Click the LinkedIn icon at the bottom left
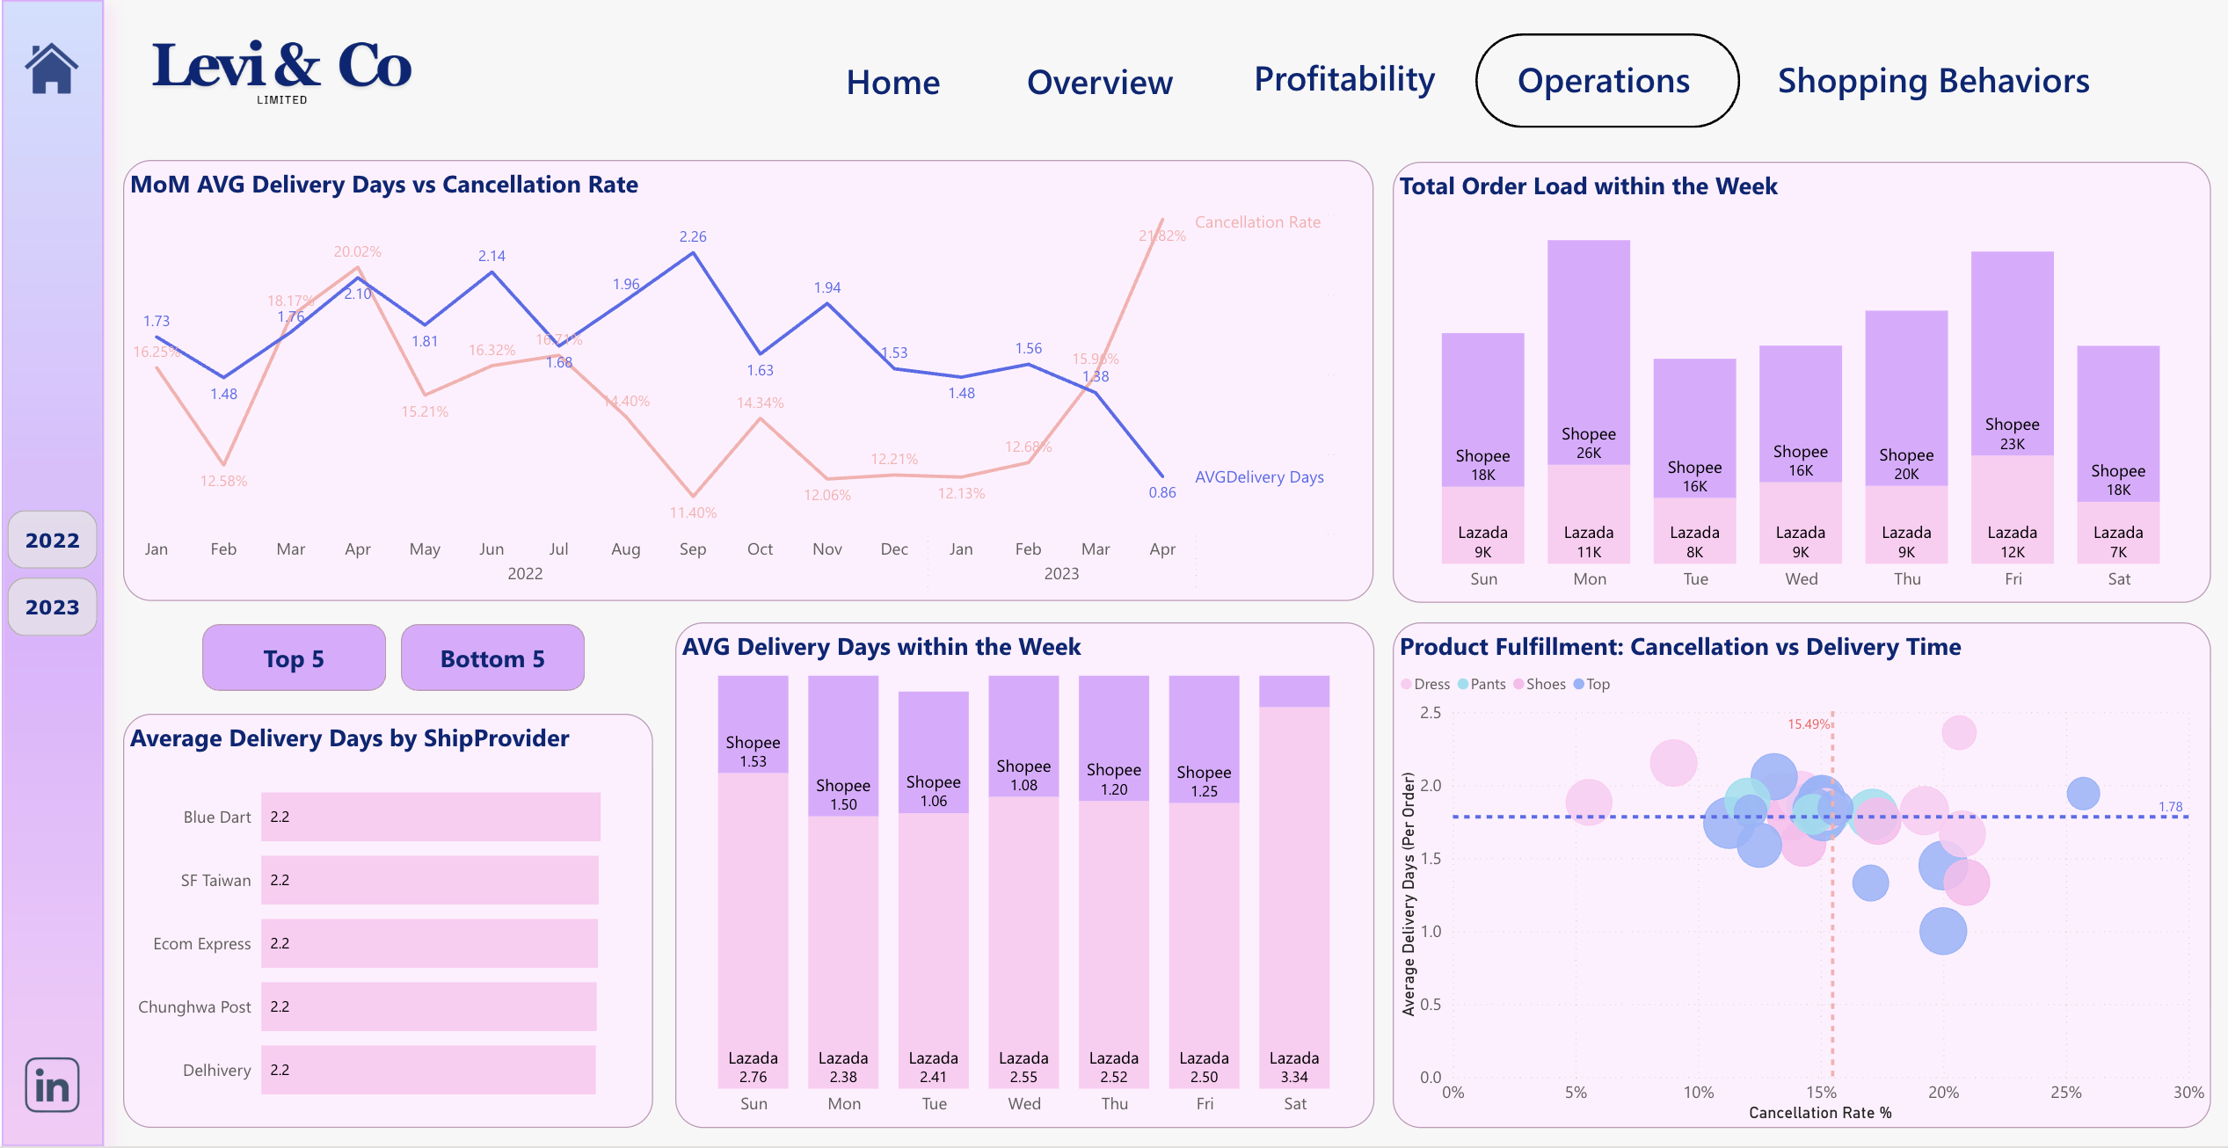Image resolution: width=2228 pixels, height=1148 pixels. click(x=52, y=1086)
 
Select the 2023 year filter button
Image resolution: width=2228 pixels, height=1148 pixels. click(x=52, y=607)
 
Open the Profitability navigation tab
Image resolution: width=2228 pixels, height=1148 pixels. click(x=1343, y=80)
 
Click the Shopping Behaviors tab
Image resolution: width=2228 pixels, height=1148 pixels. click(x=1933, y=81)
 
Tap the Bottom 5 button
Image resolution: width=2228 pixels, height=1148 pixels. click(x=492, y=658)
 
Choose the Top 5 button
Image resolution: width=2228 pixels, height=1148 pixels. click(x=294, y=658)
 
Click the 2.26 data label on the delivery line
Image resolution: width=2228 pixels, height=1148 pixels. click(x=693, y=236)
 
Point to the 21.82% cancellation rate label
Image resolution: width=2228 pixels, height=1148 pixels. click(x=1162, y=236)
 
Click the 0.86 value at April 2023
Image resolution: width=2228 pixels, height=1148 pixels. click(x=1161, y=492)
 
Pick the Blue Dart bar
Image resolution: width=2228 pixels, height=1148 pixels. click(x=430, y=817)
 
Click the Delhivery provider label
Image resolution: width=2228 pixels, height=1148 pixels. click(x=216, y=1070)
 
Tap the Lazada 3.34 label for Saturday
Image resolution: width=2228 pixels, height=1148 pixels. click(x=1293, y=1067)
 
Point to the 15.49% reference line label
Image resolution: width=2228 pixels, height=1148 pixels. click(x=1808, y=724)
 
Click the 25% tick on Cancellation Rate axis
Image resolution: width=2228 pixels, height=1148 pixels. click(x=2065, y=1093)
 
